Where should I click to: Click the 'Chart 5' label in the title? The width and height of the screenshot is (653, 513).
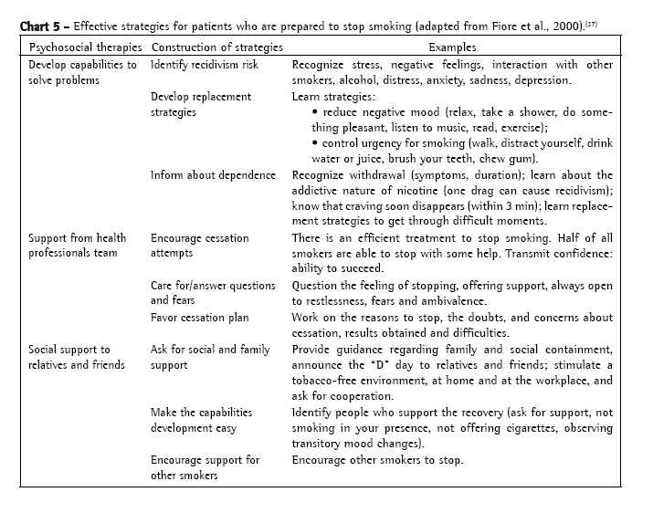pos(39,26)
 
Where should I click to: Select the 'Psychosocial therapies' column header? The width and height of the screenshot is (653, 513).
pos(85,47)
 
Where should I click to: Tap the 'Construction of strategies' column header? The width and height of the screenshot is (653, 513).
pos(216,47)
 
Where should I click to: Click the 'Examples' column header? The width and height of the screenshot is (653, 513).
pos(453,47)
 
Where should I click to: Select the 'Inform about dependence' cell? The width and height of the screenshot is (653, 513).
pos(213,175)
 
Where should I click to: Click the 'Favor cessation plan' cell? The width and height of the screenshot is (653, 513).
pos(206,317)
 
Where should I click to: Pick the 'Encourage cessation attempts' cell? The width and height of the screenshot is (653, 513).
pos(199,246)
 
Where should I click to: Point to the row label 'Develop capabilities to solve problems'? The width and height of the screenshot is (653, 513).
pos(82,73)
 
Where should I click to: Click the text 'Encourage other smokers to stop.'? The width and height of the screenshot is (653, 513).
pos(378,459)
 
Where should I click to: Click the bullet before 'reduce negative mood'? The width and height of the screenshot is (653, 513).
pos(314,112)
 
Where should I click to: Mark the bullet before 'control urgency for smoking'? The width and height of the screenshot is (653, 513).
pos(314,144)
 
